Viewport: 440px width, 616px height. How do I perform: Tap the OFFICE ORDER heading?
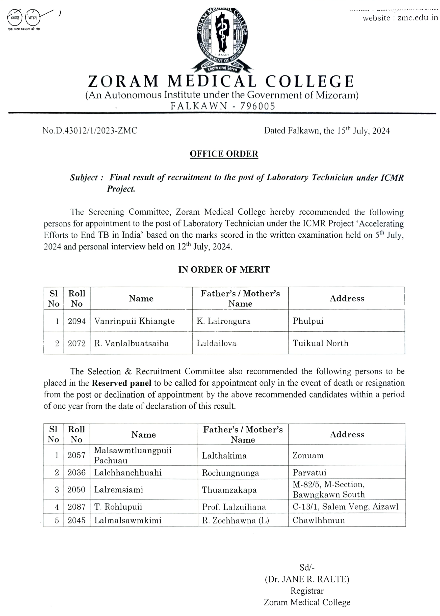(224, 154)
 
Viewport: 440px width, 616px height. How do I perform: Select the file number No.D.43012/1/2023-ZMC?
(90, 131)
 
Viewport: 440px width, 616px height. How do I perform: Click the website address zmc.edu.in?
(418, 18)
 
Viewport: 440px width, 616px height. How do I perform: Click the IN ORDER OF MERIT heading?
(224, 270)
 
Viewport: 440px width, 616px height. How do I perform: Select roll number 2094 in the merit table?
(77, 321)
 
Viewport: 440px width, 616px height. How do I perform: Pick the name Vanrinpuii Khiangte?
(134, 321)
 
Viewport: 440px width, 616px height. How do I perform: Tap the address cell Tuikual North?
(321, 343)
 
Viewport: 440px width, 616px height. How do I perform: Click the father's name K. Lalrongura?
(223, 321)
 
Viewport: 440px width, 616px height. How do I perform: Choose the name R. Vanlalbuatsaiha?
(132, 343)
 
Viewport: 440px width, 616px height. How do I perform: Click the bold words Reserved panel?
(121, 383)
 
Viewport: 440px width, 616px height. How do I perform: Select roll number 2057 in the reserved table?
(76, 455)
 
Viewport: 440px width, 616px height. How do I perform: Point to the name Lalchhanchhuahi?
(128, 473)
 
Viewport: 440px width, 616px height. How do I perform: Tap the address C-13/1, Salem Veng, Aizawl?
(345, 507)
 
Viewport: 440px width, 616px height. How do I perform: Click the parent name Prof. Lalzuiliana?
(234, 507)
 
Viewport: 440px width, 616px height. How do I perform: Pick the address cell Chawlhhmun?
(319, 520)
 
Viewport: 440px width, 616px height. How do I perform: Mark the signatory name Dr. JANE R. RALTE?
(307, 579)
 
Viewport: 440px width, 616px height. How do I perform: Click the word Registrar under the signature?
(307, 591)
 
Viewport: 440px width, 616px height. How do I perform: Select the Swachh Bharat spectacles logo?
(26, 18)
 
